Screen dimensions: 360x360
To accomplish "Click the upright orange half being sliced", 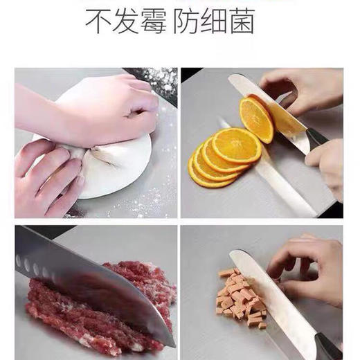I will pyautogui.click(x=256, y=119).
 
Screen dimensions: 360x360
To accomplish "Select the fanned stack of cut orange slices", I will pyautogui.click(x=218, y=156).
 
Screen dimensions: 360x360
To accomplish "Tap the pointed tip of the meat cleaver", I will pyautogui.click(x=170, y=343).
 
